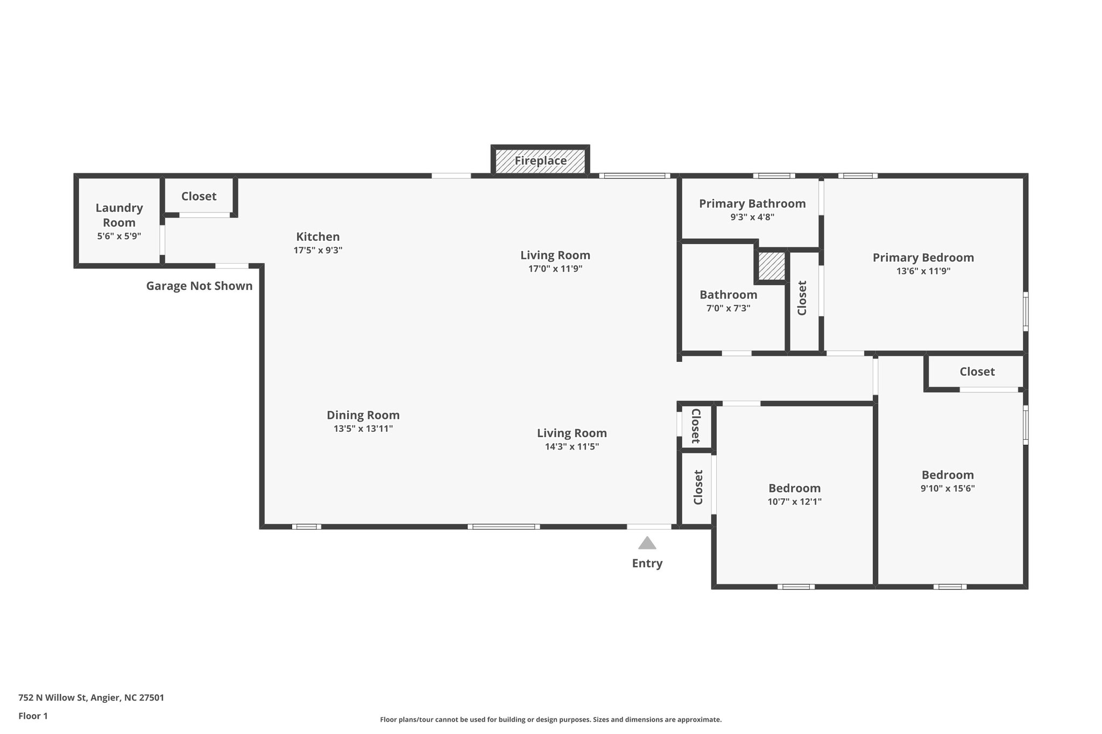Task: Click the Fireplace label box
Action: pos(540,161)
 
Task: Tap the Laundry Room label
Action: pos(119,215)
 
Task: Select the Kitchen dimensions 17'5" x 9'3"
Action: pos(317,250)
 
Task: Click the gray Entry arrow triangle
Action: pos(647,543)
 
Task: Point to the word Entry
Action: pos(647,563)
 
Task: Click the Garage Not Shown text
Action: pos(199,286)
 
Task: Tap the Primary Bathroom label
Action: pos(752,203)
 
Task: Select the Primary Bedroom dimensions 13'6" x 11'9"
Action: pos(923,271)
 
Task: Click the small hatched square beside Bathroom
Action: pos(771,266)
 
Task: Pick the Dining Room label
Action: pos(363,415)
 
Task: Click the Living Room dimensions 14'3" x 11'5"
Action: pos(571,446)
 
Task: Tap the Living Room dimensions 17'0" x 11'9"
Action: pos(555,268)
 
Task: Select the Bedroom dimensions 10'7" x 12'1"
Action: pos(794,502)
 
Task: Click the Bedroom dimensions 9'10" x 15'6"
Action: pos(947,488)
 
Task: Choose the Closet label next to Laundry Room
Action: pos(199,196)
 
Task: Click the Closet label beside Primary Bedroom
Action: pos(802,298)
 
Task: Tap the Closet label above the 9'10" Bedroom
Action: pos(977,372)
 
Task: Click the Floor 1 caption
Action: pos(33,716)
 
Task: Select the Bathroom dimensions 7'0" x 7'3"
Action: pos(728,308)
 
